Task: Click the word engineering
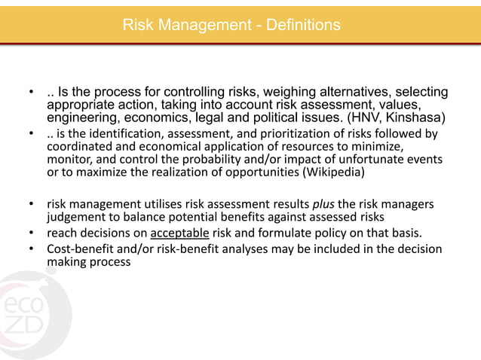pos(83,118)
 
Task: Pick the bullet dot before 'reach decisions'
pos(32,233)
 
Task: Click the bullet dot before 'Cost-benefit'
pos(32,249)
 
